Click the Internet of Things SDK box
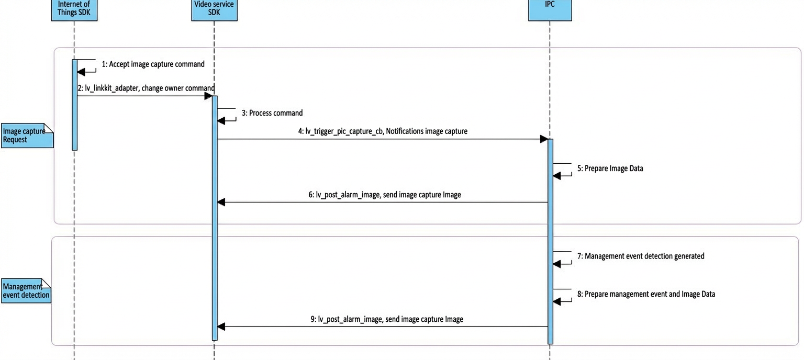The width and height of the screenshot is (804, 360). tap(74, 10)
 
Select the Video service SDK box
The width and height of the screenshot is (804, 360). tap(214, 10)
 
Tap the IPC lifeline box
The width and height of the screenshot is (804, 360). tap(550, 10)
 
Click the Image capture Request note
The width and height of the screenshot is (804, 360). tap(27, 136)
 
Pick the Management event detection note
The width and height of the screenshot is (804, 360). tap(26, 291)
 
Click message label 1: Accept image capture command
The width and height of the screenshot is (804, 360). tap(153, 64)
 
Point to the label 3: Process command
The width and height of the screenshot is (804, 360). tap(272, 113)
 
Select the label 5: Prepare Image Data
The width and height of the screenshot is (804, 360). tap(610, 168)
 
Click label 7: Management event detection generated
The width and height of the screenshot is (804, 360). tap(641, 256)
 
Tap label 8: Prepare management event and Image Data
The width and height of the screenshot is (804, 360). tap(646, 294)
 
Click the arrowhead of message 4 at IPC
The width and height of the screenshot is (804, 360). tap(544, 139)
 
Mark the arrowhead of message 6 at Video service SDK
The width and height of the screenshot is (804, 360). tap(221, 203)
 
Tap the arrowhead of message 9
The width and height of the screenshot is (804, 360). tap(221, 327)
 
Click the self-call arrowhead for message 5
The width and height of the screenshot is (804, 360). tap(557, 176)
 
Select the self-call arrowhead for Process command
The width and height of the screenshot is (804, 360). tap(221, 121)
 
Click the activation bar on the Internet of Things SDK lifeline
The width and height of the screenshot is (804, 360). tap(75, 105)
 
